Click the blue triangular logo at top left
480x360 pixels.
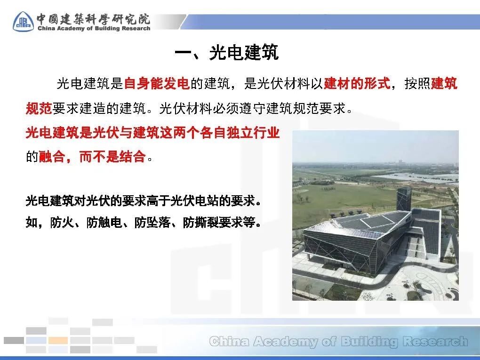tap(23, 22)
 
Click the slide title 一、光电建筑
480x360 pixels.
tap(226, 52)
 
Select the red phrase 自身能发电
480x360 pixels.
tap(157, 83)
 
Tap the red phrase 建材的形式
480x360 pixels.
tap(357, 83)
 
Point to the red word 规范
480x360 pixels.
tap(39, 108)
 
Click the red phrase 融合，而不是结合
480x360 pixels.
tap(92, 157)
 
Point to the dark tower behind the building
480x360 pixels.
tap(404, 199)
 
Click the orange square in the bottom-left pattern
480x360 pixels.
tap(58, 340)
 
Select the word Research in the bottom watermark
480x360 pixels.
tap(435, 341)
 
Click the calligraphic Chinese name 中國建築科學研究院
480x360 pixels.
tap(93, 19)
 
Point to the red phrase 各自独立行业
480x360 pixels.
tap(240, 133)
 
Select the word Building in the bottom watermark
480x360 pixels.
tap(369, 341)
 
